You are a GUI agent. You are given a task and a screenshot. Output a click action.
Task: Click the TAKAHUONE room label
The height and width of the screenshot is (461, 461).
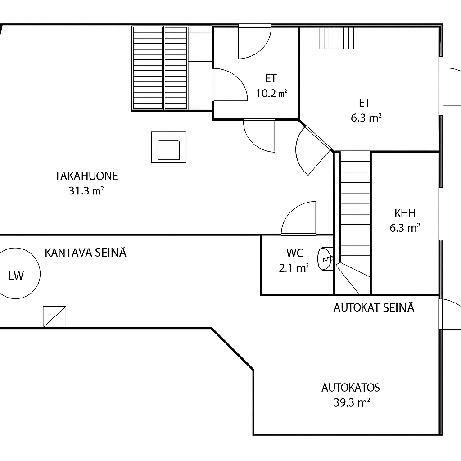click(86, 176)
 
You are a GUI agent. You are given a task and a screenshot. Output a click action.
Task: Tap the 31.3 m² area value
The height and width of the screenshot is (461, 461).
click(86, 191)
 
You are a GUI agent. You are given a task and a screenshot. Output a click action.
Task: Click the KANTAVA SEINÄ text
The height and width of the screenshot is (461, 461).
click(86, 253)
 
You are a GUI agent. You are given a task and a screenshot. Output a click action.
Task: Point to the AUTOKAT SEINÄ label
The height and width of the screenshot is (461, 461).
click(374, 308)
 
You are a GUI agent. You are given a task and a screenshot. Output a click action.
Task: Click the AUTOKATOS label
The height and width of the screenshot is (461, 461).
click(351, 388)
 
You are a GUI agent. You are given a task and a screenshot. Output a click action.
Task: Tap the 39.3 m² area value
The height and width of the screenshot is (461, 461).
click(352, 402)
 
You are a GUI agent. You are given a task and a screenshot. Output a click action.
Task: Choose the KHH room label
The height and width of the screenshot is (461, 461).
click(405, 213)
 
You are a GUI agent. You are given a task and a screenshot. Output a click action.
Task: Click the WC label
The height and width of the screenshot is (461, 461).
click(294, 253)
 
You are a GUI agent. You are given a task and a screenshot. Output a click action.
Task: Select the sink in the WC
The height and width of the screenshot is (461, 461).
click(325, 259)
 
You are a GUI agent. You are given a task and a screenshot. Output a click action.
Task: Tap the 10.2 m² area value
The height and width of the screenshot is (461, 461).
click(271, 94)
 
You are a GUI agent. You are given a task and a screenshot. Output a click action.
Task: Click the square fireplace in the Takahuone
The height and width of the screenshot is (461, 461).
click(169, 147)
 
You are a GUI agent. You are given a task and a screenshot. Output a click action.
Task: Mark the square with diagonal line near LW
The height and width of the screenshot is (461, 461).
click(54, 317)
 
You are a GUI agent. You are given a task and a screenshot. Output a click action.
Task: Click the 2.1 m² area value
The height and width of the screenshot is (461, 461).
click(294, 268)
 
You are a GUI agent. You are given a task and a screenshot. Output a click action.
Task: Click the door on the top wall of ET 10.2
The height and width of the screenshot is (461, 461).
click(255, 41)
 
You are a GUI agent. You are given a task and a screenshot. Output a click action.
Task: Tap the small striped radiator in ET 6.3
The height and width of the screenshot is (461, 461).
click(336, 38)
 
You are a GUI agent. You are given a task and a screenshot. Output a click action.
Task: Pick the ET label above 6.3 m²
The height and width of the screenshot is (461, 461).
click(365, 103)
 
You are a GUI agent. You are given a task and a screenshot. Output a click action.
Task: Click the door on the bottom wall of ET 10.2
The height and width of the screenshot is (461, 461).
click(259, 136)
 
